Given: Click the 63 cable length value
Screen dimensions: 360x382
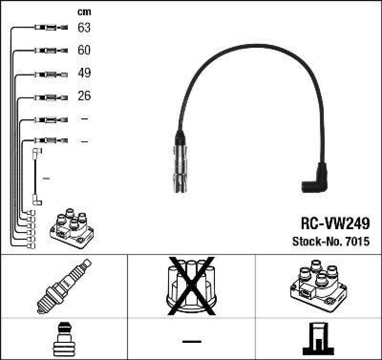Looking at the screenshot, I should [x=84, y=28].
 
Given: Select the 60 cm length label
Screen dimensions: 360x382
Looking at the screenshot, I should [x=84, y=50].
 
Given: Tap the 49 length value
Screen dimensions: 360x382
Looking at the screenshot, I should [x=84, y=73].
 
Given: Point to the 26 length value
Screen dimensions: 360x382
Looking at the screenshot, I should [x=84, y=96].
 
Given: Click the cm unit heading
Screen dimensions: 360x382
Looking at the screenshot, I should [x=84, y=12].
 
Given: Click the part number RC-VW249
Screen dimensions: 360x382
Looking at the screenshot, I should [x=334, y=223].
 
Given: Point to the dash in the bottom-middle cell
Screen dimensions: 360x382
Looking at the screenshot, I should [x=191, y=341].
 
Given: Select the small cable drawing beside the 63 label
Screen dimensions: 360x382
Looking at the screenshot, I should [x=51, y=28].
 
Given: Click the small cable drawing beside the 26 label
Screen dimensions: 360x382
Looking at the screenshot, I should [x=51, y=96].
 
